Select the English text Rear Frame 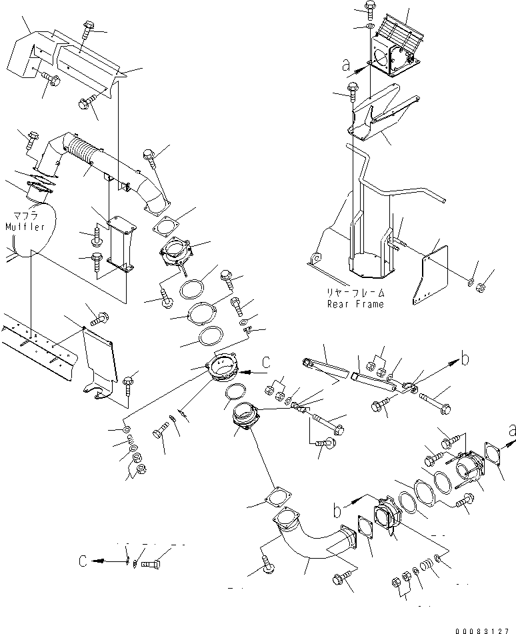[355, 304]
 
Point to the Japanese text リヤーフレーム [355, 293]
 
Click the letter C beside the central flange [266, 363]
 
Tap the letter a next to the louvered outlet [345, 65]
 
